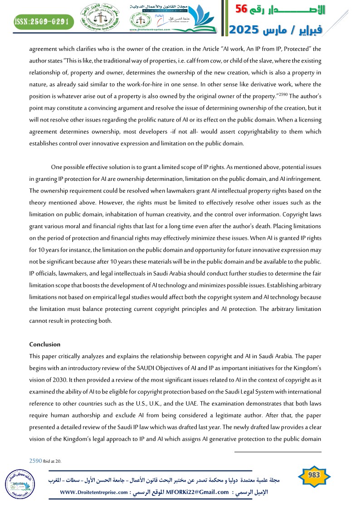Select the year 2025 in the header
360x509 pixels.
(x=245, y=30)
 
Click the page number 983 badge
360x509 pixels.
(x=314, y=475)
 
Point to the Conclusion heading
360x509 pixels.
(x=45, y=344)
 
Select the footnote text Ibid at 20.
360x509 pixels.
(x=52, y=461)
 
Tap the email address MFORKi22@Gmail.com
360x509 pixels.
(x=198, y=492)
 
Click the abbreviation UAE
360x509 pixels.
(x=238, y=403)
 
